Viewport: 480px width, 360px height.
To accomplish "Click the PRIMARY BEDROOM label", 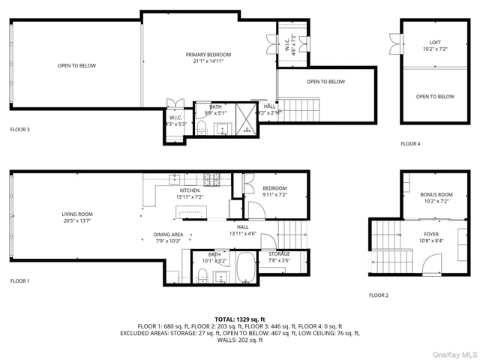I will [x=208, y=55].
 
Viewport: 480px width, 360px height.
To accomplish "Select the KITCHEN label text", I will [x=188, y=191].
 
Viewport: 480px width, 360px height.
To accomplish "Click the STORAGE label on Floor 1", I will [x=279, y=254].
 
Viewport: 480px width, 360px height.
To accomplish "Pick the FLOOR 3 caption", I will [x=19, y=129].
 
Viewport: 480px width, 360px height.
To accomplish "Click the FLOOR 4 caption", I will [x=410, y=143].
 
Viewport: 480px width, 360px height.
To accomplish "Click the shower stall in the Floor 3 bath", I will [x=246, y=118].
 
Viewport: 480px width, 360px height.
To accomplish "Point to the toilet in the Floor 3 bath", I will [x=201, y=128].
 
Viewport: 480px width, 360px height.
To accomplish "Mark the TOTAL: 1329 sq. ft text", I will [x=239, y=319].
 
